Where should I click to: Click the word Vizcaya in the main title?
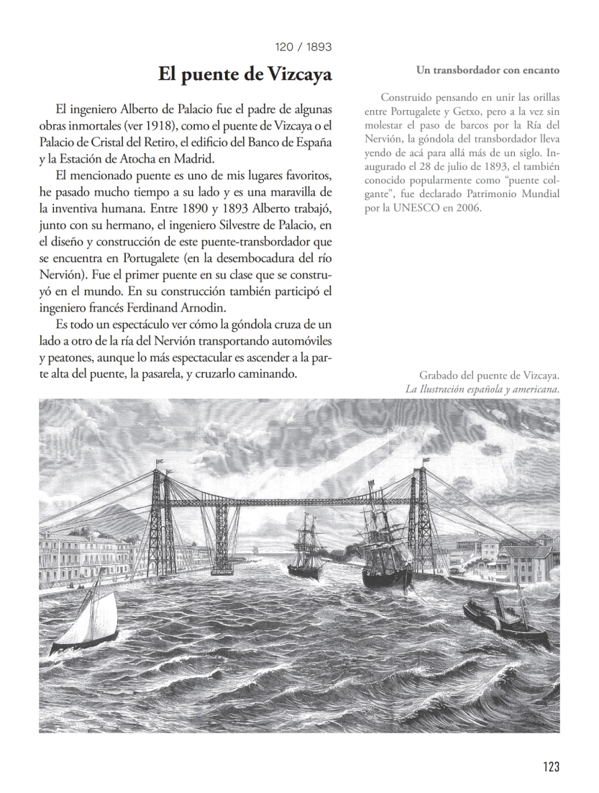(x=297, y=74)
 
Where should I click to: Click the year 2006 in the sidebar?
(x=465, y=208)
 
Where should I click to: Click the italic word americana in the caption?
(x=530, y=390)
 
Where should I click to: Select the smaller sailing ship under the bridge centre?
(x=307, y=547)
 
